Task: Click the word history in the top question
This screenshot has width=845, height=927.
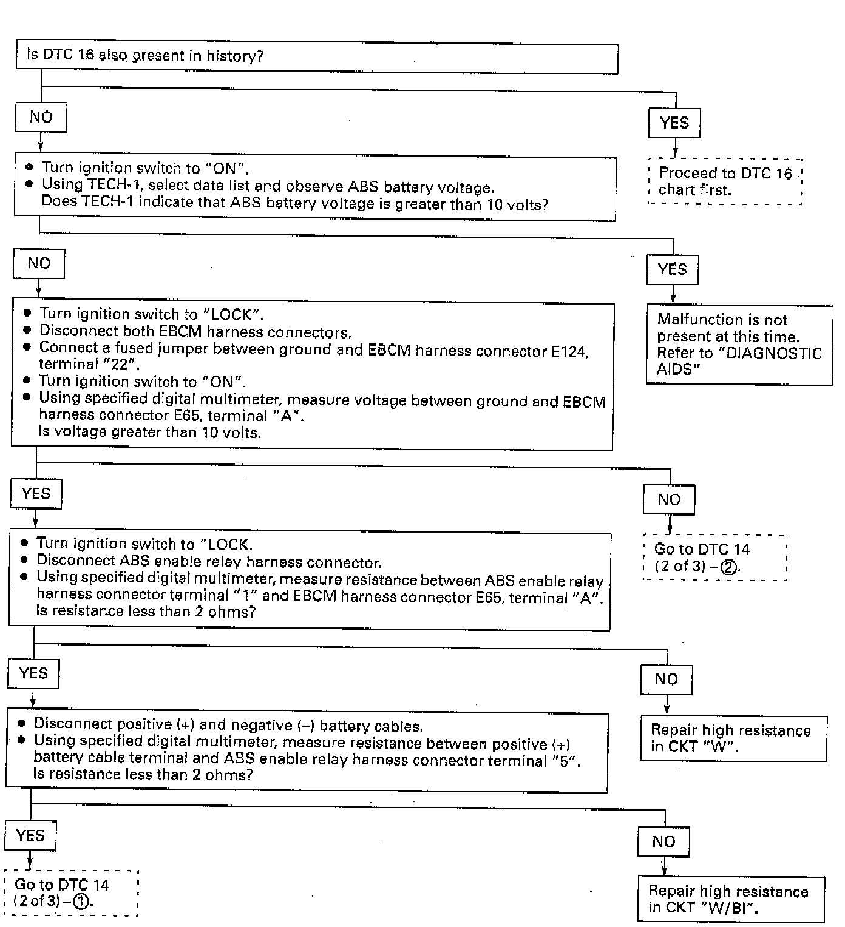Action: [234, 56]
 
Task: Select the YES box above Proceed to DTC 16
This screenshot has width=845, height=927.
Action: [674, 123]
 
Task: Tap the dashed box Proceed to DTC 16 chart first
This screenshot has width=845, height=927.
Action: [725, 181]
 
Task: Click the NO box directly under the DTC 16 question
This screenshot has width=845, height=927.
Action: [41, 117]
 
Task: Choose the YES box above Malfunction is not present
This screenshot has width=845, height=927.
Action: [672, 269]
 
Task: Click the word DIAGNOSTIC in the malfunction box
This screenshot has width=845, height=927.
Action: [773, 353]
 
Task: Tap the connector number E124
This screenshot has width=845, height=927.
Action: [569, 351]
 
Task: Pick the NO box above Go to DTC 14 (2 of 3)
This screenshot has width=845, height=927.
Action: [669, 500]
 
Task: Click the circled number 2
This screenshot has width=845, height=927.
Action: [728, 567]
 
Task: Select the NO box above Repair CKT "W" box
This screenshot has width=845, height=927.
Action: [666, 679]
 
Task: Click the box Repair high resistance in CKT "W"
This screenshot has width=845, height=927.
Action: [733, 738]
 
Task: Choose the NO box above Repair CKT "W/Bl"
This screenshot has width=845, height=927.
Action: [663, 842]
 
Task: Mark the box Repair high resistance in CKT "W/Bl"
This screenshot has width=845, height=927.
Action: [731, 899]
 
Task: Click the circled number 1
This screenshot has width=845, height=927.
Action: [81, 902]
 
